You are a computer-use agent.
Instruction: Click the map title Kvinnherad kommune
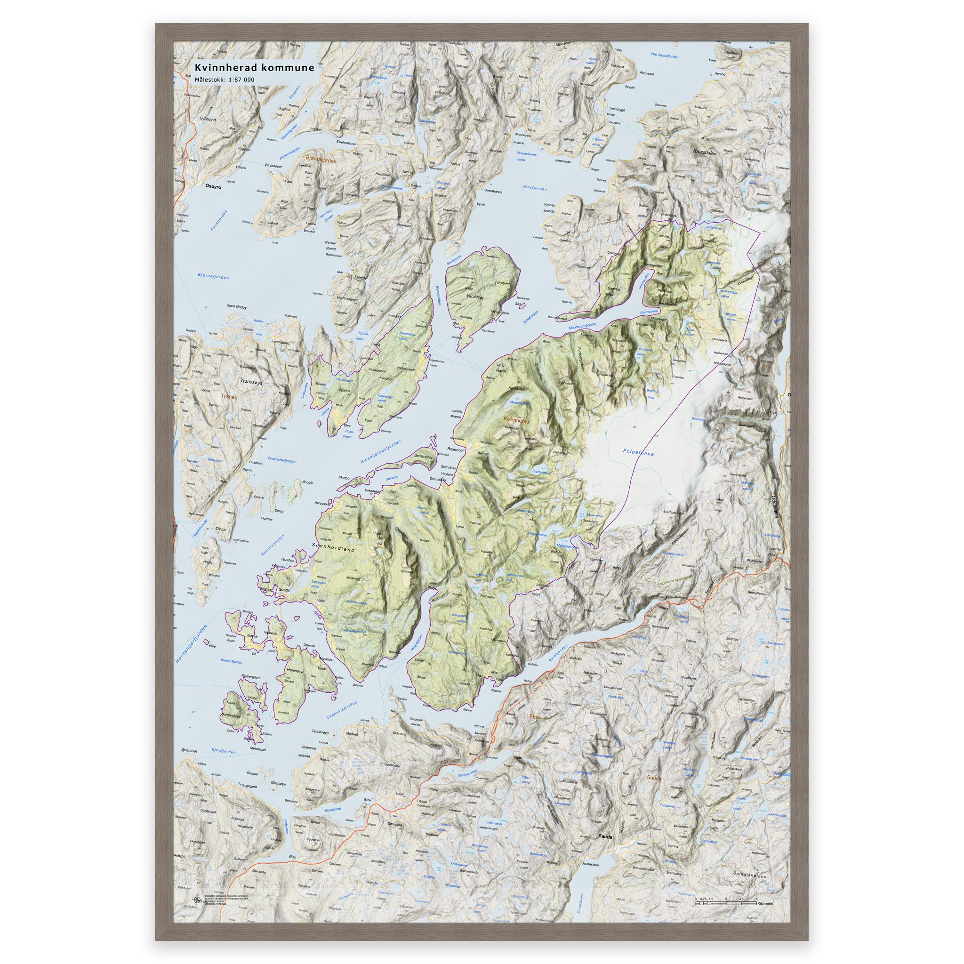[x=254, y=68]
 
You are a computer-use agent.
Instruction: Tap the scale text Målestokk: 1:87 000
[x=224, y=80]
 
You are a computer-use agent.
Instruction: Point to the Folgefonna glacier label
[x=638, y=452]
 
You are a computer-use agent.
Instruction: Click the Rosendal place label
[x=455, y=450]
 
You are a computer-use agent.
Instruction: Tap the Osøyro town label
[x=213, y=186]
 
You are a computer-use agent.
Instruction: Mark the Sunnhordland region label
[x=333, y=547]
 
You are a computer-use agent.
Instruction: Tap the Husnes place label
[x=288, y=560]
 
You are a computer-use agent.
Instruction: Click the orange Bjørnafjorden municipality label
[x=321, y=159]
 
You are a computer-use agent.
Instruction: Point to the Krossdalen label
[x=704, y=152]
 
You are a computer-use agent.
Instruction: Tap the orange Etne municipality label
[x=534, y=717]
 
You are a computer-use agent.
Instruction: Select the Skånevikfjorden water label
[x=342, y=710]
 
